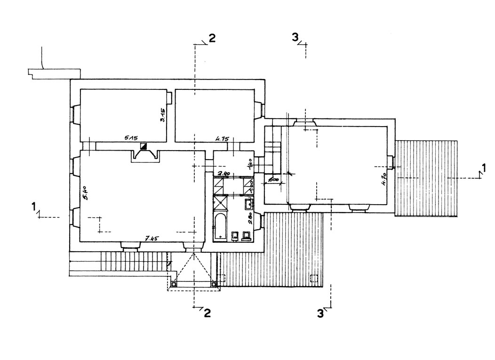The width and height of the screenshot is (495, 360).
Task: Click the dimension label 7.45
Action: [151, 239]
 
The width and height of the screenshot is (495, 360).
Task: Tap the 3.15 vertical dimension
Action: [163, 114]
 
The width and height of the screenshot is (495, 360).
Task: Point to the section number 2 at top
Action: [212, 39]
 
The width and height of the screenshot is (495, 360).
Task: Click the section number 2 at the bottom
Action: [207, 313]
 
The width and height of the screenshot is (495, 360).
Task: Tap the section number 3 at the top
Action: [295, 38]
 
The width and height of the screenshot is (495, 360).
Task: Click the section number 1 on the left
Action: [33, 206]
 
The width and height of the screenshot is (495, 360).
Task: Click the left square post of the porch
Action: [174, 284]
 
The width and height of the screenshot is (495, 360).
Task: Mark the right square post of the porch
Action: [214, 284]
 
